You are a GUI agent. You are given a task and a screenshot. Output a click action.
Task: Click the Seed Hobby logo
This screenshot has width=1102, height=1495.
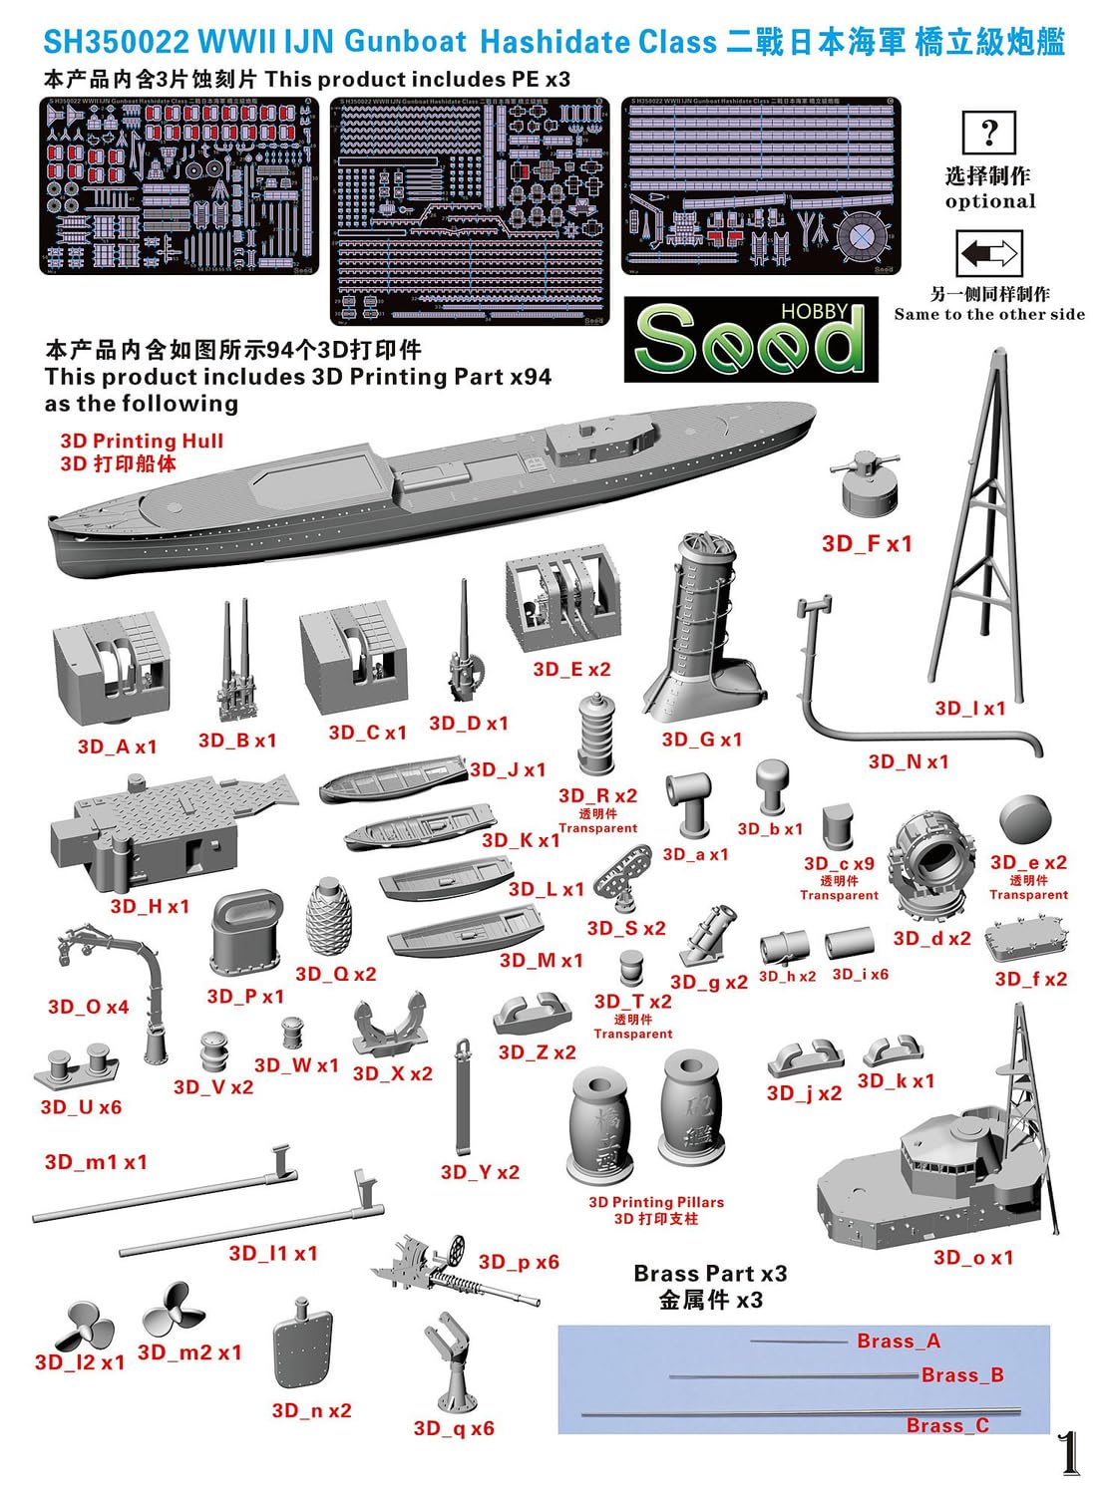[750, 339]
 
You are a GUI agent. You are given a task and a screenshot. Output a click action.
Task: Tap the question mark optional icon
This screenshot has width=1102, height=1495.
[988, 133]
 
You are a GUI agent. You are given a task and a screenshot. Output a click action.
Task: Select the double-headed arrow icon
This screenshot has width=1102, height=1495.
[988, 254]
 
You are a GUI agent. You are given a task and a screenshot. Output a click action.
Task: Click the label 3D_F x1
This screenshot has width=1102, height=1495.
[866, 543]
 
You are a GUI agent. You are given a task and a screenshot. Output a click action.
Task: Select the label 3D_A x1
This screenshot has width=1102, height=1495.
[117, 747]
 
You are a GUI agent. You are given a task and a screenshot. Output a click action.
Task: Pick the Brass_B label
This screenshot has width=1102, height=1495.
[961, 1375]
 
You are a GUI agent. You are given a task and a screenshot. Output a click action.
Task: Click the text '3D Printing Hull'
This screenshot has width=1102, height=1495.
[141, 441]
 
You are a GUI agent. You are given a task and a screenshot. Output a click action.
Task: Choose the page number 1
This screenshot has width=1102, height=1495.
[1068, 1453]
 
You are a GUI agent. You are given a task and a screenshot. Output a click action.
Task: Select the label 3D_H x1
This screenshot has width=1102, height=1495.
[150, 906]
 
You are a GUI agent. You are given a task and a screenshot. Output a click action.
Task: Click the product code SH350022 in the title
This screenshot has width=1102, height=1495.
[116, 42]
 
